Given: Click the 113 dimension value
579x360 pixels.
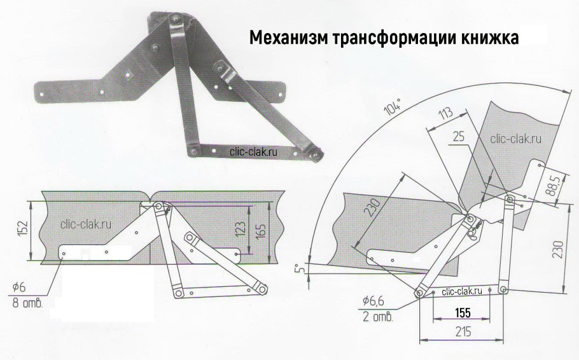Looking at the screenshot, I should pos(447,114).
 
